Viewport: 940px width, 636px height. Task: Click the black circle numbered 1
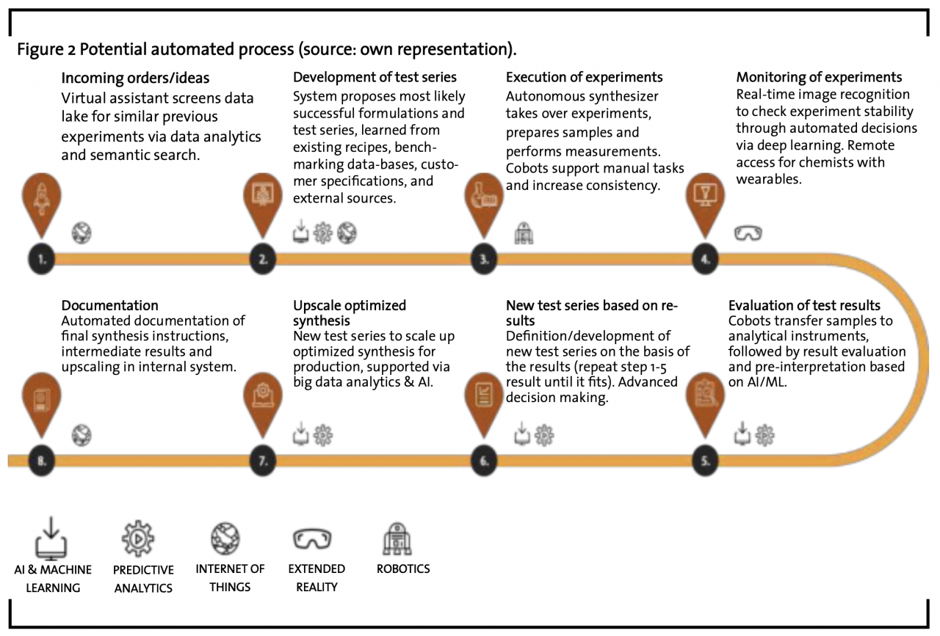[42, 259]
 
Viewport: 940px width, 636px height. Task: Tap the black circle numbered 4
[706, 259]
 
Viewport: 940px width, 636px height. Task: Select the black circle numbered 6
[484, 461]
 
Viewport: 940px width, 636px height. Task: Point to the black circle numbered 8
[42, 461]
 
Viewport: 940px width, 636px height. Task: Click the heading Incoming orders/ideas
[135, 78]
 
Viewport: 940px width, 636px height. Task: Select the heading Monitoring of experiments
[819, 77]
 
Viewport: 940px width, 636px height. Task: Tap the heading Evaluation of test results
[804, 305]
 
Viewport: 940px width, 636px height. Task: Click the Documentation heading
[110, 305]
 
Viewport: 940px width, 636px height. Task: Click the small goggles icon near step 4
[748, 233]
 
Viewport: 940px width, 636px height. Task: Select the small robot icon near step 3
[524, 233]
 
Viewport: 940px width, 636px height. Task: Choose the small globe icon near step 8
[82, 435]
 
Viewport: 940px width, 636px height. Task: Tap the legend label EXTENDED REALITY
[317, 578]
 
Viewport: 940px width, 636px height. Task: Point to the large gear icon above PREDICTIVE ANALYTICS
[138, 538]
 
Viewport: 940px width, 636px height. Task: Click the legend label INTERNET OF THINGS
[230, 578]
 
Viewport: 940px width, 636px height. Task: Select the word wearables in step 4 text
[769, 180]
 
